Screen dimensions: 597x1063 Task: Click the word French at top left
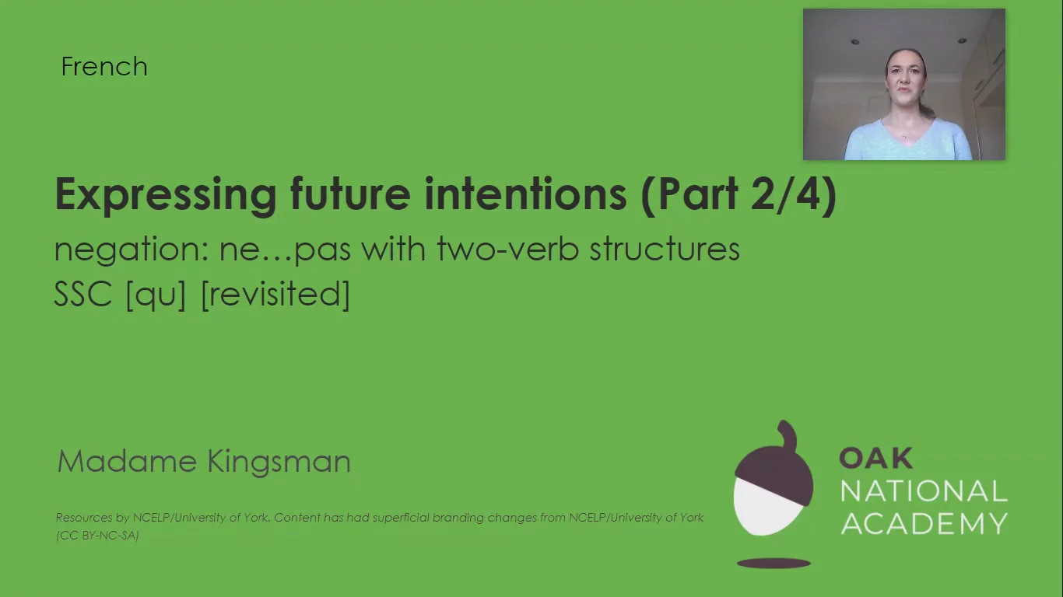(104, 67)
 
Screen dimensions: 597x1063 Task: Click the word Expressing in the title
(165, 194)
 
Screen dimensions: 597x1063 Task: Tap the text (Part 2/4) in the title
(738, 194)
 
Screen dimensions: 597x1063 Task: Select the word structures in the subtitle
(665, 250)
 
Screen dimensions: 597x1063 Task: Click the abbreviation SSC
(83, 295)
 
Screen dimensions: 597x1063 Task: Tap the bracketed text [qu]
(156, 295)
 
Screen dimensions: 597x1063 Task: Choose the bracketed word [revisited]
(275, 295)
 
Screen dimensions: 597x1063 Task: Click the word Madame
(126, 461)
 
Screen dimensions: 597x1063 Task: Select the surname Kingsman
(279, 461)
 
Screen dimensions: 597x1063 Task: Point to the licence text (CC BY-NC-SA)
(97, 535)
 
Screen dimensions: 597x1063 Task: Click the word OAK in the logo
(875, 459)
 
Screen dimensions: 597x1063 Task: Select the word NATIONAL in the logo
(924, 491)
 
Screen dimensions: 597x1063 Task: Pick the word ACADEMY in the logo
(924, 523)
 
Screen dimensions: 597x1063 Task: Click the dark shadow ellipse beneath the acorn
(774, 563)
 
